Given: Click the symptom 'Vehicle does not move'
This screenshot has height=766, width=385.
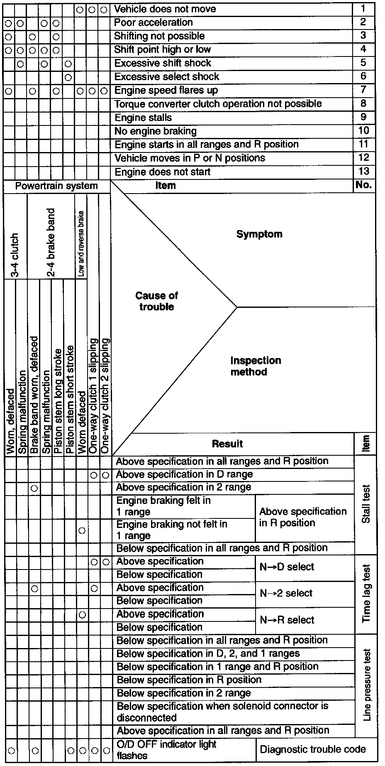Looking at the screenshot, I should pyautogui.click(x=165, y=9).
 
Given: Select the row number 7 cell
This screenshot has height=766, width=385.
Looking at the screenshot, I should pyautogui.click(x=363, y=90).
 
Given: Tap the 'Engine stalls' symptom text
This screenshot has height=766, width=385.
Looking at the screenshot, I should pyautogui.click(x=143, y=118).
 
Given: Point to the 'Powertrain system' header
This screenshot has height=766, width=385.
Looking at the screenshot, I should pyautogui.click(x=56, y=186).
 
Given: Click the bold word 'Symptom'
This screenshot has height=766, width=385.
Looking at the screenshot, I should pyautogui.click(x=259, y=234).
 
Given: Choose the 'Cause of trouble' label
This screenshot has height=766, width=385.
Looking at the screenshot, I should pyautogui.click(x=156, y=301).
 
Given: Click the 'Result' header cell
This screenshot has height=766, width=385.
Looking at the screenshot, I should pyautogui.click(x=227, y=444).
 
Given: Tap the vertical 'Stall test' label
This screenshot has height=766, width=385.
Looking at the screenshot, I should pyautogui.click(x=366, y=504).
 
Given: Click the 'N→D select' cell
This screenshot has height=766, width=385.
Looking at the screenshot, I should pyautogui.click(x=287, y=567).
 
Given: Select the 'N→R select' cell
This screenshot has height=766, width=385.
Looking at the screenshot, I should pyautogui.click(x=287, y=620).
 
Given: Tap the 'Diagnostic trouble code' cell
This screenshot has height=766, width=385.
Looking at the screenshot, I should pyautogui.click(x=313, y=749).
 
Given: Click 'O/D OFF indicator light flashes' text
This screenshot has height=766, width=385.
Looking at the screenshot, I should pyautogui.click(x=166, y=749).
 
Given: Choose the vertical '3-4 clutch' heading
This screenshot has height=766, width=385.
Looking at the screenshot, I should pyautogui.click(x=15, y=255).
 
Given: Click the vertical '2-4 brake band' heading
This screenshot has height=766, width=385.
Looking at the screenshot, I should pyautogui.click(x=51, y=243).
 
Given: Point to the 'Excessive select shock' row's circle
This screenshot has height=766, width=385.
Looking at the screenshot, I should pyautogui.click(x=68, y=77).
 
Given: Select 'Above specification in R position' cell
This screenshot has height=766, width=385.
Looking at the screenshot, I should pyautogui.click(x=303, y=517).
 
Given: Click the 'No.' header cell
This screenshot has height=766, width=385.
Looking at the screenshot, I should pyautogui.click(x=363, y=186).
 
